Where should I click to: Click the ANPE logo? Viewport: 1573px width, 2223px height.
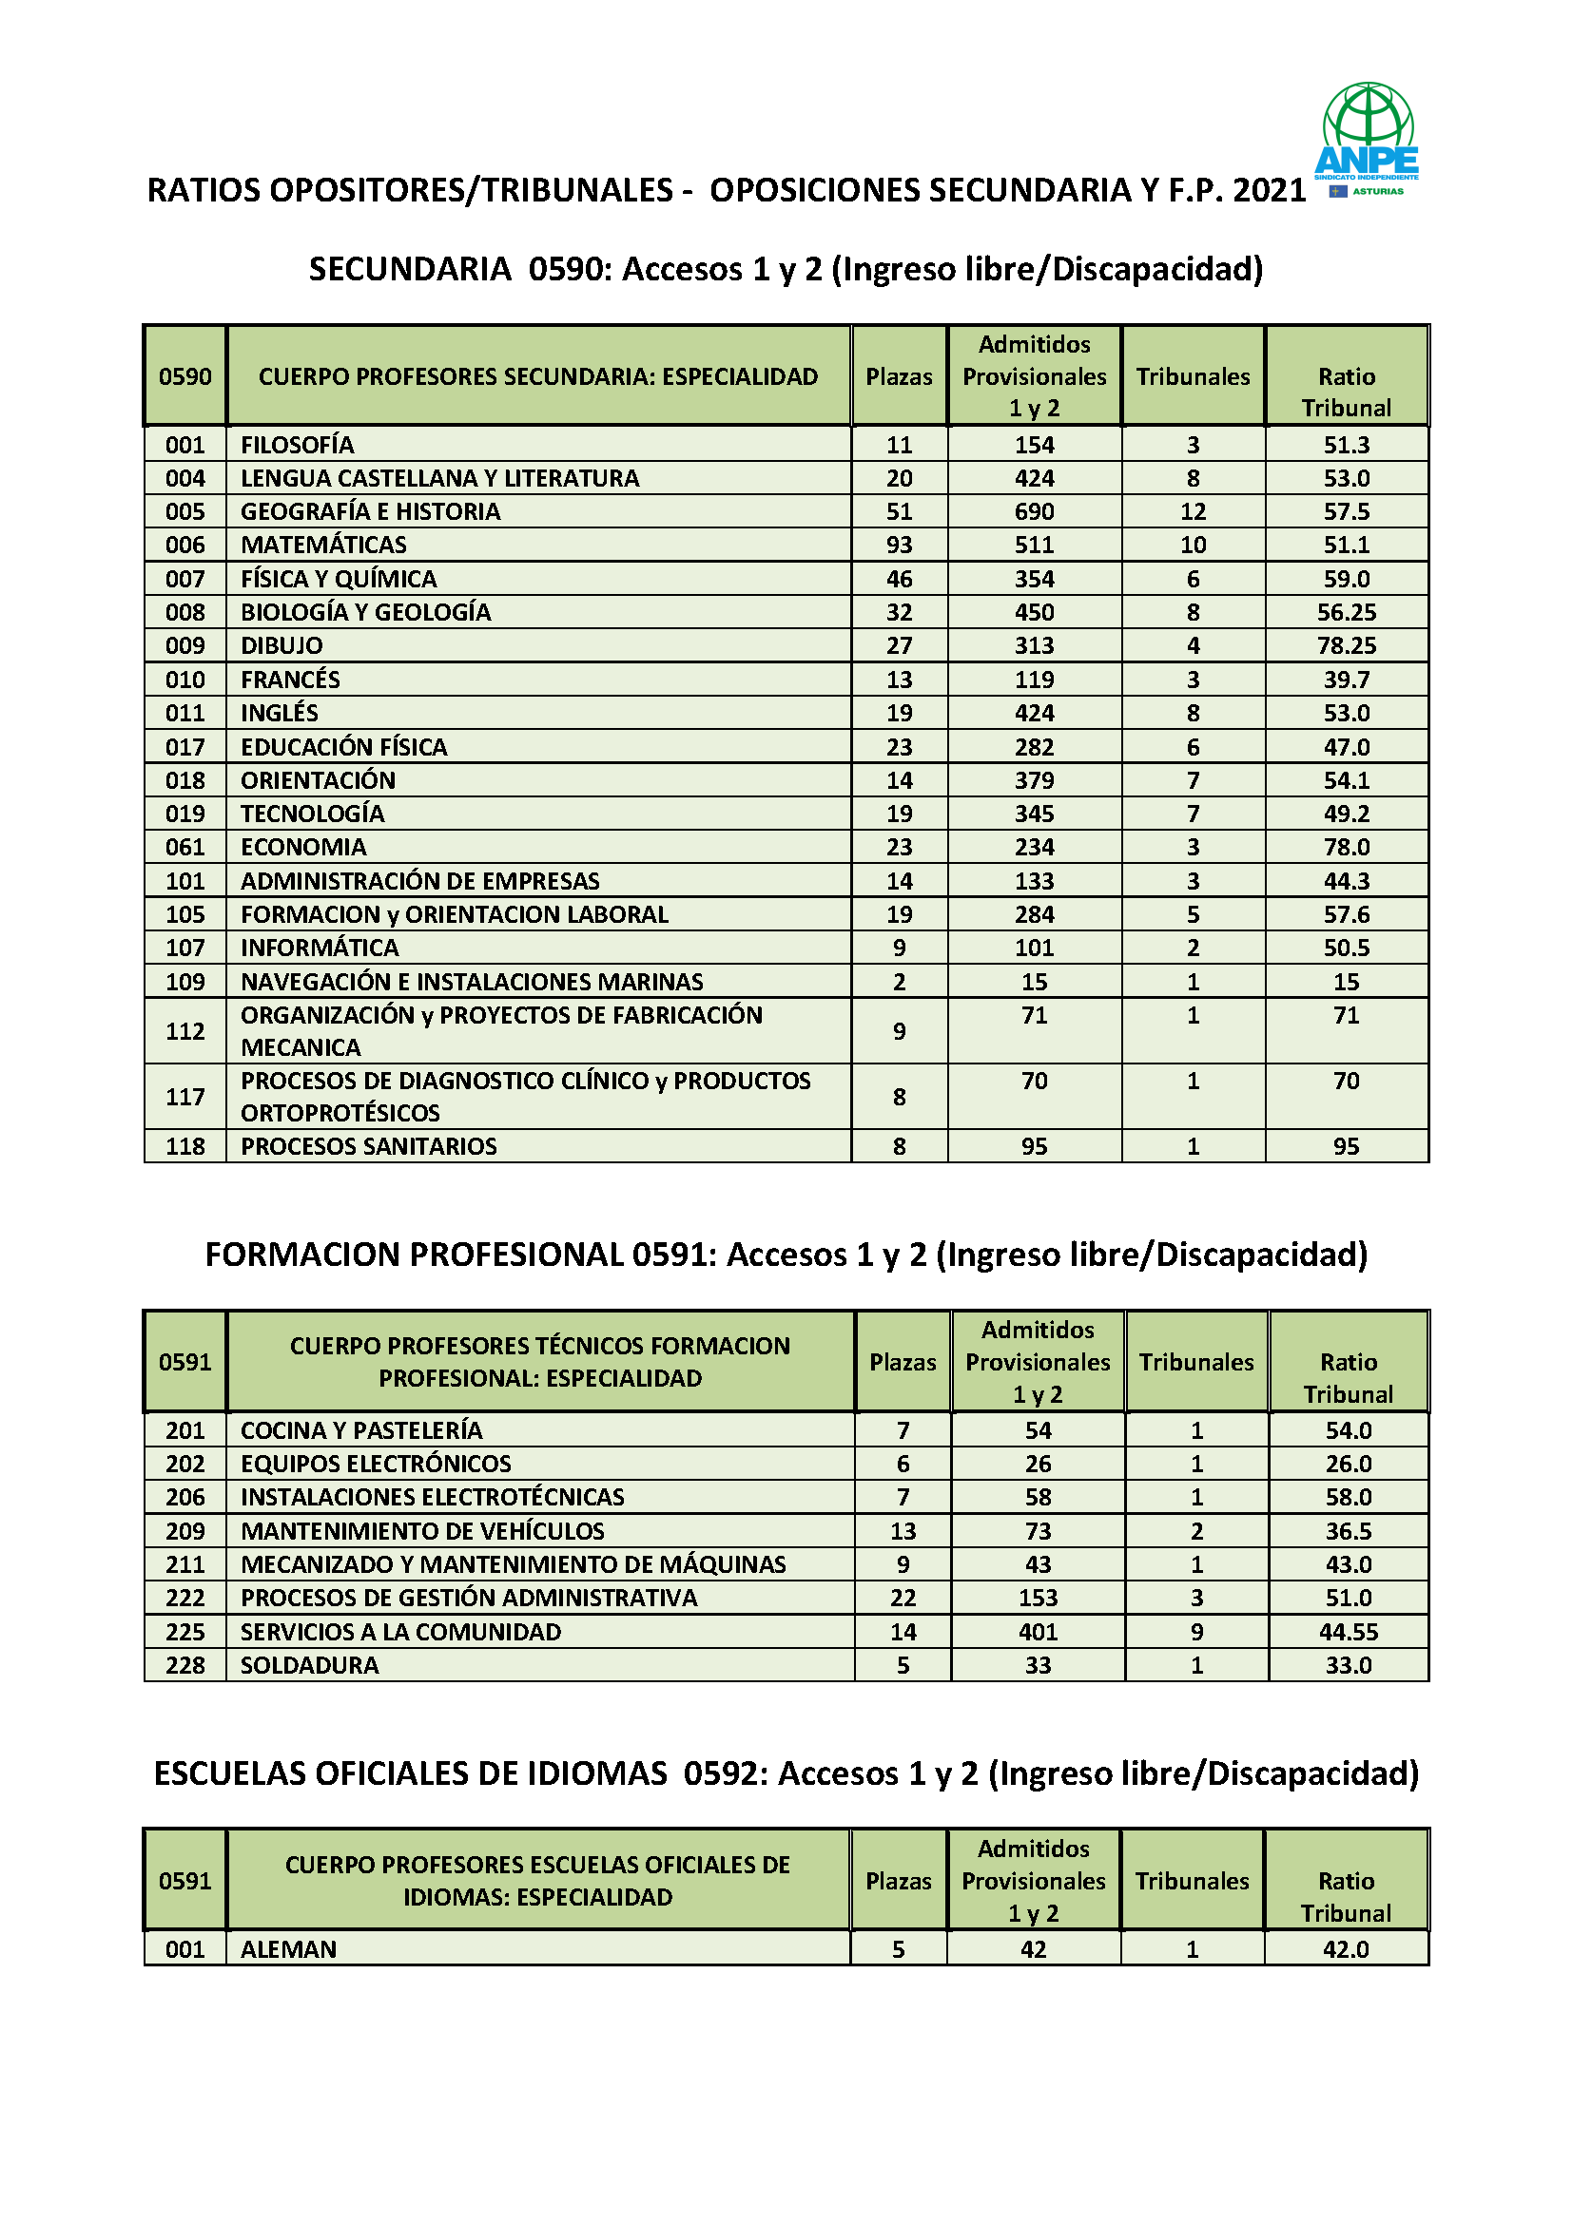pos(1367,138)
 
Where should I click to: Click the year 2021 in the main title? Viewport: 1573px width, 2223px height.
pos(1269,190)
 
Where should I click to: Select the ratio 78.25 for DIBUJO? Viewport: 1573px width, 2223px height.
pos(1347,645)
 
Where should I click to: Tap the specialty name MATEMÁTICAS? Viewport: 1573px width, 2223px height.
pos(323,546)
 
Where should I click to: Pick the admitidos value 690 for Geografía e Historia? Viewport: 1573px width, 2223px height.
pos(1034,511)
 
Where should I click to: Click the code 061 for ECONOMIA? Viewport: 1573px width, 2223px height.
pos(185,847)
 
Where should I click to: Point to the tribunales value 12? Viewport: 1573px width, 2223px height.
pos(1193,511)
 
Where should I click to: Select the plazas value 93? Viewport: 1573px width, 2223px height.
pos(899,546)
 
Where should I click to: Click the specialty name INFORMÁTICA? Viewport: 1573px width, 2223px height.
pos(320,948)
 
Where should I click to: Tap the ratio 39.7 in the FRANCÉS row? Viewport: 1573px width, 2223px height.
pos(1347,680)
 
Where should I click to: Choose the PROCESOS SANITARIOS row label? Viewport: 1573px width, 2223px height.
pos(369,1146)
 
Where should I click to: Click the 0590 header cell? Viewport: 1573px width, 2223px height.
pos(185,376)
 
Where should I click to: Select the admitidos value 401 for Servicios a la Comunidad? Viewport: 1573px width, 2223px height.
pos(1038,1633)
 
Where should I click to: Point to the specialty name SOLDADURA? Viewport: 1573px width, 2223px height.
pos(310,1665)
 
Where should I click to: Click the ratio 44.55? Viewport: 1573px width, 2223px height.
pos(1349,1633)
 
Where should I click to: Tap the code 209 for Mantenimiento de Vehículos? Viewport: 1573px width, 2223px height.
pos(185,1532)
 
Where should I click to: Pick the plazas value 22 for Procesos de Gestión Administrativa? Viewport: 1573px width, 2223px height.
pos(903,1599)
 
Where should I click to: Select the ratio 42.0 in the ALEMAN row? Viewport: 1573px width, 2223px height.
pos(1346,1949)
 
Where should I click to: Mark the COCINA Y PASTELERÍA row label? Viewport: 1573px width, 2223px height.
pos(361,1431)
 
